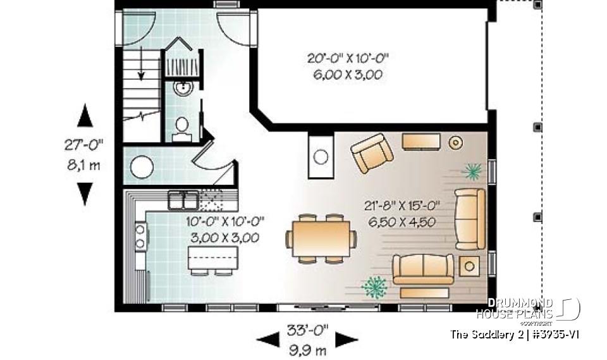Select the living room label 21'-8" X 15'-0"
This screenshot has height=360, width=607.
[402, 205]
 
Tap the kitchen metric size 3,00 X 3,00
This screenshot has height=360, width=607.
[224, 238]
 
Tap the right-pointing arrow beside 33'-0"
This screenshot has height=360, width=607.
[347, 340]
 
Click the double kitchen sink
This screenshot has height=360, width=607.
[183, 202]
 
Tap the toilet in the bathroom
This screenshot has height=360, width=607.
[182, 127]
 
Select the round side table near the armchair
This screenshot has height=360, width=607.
[455, 143]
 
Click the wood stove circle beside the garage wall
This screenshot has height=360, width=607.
[321, 156]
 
